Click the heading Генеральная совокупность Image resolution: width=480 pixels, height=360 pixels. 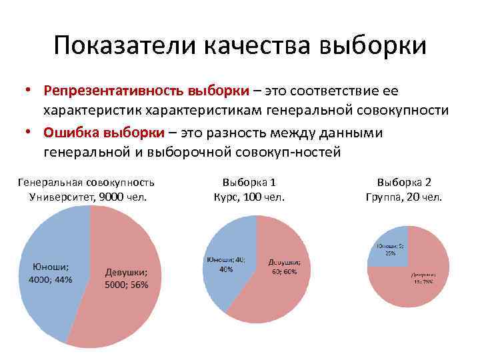tap(87, 182)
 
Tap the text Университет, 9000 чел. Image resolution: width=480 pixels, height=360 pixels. tap(87, 197)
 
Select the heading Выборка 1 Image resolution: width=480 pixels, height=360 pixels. tap(249, 182)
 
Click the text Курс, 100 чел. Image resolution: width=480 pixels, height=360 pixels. tap(249, 197)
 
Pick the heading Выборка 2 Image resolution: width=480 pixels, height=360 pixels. tap(404, 182)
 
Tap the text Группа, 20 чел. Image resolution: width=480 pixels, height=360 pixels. tap(404, 197)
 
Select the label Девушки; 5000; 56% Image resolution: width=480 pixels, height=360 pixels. tap(127, 278)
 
